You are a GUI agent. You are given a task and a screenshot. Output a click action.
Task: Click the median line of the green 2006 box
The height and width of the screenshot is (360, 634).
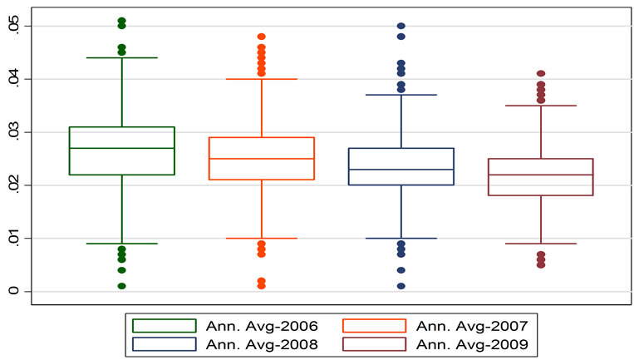121,148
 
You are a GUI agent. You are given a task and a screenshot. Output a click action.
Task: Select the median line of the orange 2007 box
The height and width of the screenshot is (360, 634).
261,159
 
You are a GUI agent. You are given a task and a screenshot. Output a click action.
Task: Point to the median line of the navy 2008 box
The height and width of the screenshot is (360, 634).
401,170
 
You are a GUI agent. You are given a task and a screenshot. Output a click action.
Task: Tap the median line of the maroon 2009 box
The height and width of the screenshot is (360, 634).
540,175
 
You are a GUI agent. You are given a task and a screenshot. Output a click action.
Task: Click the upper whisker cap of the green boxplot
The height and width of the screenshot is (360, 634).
121,58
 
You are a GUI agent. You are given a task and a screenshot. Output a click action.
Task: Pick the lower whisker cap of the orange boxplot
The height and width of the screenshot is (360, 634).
261,239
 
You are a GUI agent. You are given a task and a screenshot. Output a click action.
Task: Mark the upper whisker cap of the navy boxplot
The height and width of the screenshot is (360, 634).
401,95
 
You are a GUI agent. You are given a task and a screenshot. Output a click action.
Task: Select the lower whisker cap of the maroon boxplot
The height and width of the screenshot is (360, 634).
540,244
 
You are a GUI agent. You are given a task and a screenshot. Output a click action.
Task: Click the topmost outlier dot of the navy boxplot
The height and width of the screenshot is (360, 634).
401,26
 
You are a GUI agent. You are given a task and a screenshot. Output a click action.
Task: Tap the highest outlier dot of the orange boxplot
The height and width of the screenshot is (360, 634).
261,37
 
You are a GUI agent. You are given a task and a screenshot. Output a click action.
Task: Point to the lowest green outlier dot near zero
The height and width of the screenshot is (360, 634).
121,286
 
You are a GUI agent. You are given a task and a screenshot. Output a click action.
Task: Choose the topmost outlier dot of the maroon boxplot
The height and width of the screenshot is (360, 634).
540,74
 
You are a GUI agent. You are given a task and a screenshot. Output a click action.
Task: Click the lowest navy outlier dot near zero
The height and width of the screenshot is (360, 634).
401,286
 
